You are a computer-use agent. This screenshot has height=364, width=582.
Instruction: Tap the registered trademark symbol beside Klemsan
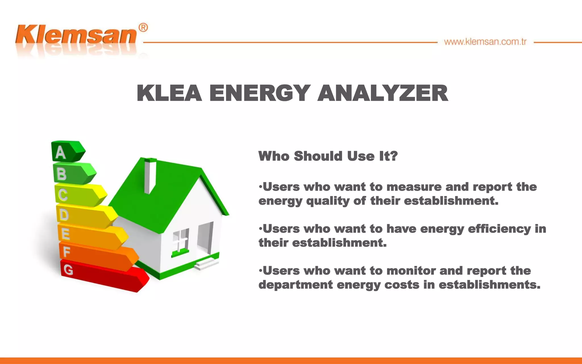point(143,28)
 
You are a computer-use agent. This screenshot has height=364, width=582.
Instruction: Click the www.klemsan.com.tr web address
point(485,42)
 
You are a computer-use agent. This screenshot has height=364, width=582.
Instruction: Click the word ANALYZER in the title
point(383,93)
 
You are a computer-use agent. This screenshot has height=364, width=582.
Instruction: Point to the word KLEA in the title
point(169,93)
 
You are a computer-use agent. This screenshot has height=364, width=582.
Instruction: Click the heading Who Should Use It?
point(328,156)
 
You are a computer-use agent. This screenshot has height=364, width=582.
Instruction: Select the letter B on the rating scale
point(62,174)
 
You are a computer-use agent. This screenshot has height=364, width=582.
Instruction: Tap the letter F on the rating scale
point(66,252)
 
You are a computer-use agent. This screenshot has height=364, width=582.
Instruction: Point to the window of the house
point(180,240)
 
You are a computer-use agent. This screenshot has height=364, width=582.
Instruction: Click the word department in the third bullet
point(296,285)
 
